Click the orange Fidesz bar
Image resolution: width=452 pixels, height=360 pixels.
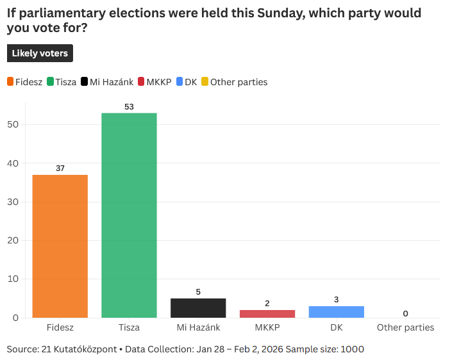coord(60,247)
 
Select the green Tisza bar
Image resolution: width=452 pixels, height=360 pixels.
coord(129,215)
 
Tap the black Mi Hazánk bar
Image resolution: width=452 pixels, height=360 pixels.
coord(198,308)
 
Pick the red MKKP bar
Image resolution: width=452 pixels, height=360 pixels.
coord(267,314)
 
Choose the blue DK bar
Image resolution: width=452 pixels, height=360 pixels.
coord(337,312)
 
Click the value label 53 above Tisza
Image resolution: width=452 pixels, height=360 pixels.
coord(129,107)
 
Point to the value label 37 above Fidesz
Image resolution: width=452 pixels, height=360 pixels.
coord(60,168)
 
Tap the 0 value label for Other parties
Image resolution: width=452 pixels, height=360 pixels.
coord(405,313)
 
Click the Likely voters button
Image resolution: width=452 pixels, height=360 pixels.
coord(40,53)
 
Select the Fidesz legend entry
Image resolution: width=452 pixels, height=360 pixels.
coord(26,82)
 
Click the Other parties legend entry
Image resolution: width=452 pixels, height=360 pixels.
coord(234,82)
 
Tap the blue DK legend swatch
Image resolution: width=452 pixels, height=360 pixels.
coord(180,82)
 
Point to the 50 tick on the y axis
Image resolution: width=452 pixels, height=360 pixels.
coord(12,124)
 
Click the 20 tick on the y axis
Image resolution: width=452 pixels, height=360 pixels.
coord(12,240)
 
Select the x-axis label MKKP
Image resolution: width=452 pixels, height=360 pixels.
coord(267,327)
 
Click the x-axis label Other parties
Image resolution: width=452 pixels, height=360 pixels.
coord(405,327)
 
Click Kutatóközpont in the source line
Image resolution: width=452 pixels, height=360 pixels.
coord(87,349)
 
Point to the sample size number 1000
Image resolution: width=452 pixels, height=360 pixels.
coord(352,349)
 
